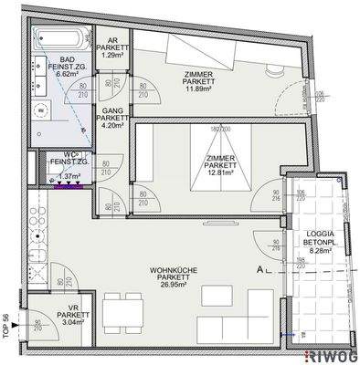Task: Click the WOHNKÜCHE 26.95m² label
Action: click(x=163, y=276)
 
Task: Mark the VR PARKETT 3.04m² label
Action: click(x=75, y=315)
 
